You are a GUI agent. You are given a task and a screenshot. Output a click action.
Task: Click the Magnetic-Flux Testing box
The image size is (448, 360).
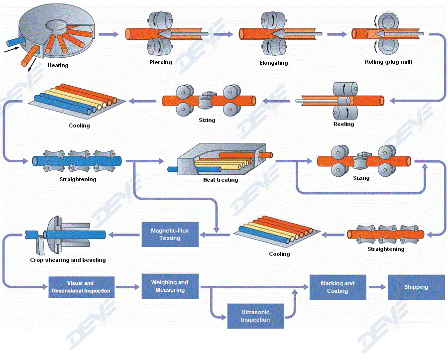coord(170,235)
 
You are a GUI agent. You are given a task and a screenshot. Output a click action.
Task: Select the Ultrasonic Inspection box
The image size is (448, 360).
coord(255,316)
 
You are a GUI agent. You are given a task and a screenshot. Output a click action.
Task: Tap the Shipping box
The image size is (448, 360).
coord(416,287)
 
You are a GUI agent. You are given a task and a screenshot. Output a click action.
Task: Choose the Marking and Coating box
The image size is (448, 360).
coord(337,287)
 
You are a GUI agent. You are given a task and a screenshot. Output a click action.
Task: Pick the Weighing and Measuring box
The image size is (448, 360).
coord(170,286)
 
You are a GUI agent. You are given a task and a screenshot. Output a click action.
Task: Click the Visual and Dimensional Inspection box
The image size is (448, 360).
coord(82,287)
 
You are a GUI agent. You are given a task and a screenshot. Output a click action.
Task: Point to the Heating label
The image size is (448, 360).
coord(58,65)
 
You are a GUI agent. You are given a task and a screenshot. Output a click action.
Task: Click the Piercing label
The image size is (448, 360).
coord(161,62)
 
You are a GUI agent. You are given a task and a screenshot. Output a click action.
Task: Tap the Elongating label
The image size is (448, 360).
coord(273,63)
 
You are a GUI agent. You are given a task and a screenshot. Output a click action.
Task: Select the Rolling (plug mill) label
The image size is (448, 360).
coord(388,62)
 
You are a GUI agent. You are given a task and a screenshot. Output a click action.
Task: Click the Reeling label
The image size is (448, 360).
coord(343,124)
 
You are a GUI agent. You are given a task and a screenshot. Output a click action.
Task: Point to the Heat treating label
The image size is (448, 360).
coord(221,180)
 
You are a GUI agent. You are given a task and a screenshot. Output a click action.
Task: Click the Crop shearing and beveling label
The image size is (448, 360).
coord(68,260)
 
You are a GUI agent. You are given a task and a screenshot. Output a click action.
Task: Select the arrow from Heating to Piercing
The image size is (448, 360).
coord(109,34)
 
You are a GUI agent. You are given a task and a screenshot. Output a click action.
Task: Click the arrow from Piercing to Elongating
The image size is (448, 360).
coord(223,34)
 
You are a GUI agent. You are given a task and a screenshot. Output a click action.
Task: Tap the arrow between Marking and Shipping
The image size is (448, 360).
coord(377,287)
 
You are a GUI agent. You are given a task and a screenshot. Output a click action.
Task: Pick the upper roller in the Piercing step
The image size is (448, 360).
coord(160,20)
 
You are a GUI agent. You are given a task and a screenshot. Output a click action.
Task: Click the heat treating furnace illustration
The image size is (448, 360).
coord(221,159)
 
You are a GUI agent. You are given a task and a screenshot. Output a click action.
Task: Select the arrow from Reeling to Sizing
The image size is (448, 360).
coord(276,101)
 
